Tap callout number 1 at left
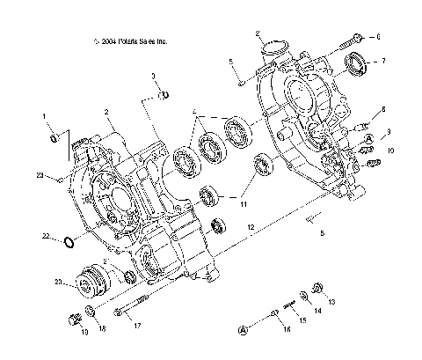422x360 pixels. (44, 116)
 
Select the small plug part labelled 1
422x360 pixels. (55, 136)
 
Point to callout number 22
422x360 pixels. (44, 235)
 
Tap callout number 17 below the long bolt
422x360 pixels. (136, 326)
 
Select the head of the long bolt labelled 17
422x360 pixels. (118, 312)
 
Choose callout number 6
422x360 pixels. (378, 37)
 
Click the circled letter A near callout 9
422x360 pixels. (369, 139)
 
